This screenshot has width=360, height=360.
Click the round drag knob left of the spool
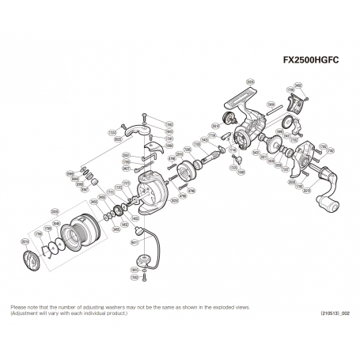point(29,257)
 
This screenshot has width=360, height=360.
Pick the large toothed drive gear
point(277,147)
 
